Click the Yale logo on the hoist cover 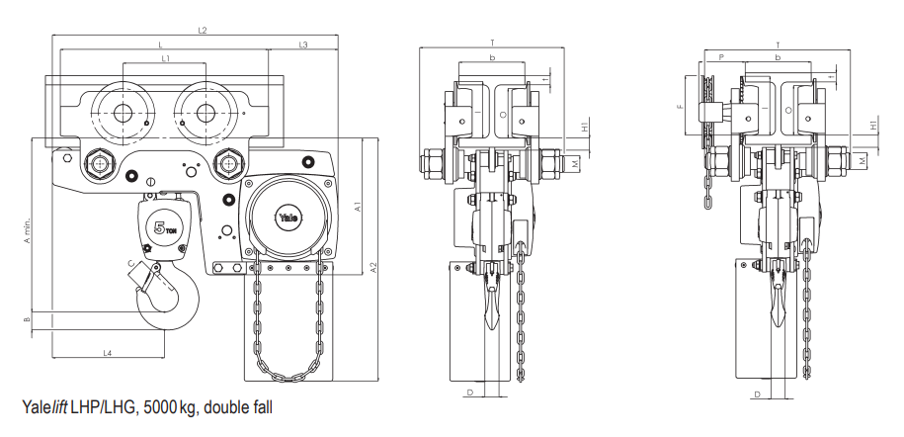click(x=288, y=218)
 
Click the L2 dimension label click(x=203, y=30)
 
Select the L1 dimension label click(x=165, y=57)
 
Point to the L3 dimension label click(x=303, y=44)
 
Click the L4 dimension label click(x=108, y=353)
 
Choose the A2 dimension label click(x=373, y=267)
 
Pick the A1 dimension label click(x=358, y=206)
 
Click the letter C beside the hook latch click(x=131, y=264)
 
